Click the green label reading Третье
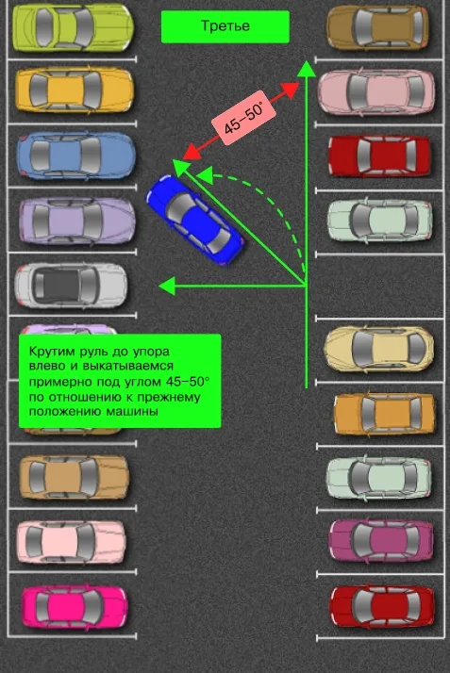point(225,26)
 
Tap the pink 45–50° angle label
point(243,118)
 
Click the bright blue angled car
point(195,219)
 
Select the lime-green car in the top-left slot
point(73,27)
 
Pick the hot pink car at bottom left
point(75,607)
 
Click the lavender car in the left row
point(77,221)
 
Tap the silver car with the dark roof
point(71,286)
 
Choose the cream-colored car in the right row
point(378,348)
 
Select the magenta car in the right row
point(381,540)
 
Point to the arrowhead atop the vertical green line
point(307,69)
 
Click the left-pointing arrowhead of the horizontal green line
point(168,286)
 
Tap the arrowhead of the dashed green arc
point(205,175)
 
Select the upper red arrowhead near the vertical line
point(291,90)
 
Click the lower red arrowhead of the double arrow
point(192,153)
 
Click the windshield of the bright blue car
point(179,207)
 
